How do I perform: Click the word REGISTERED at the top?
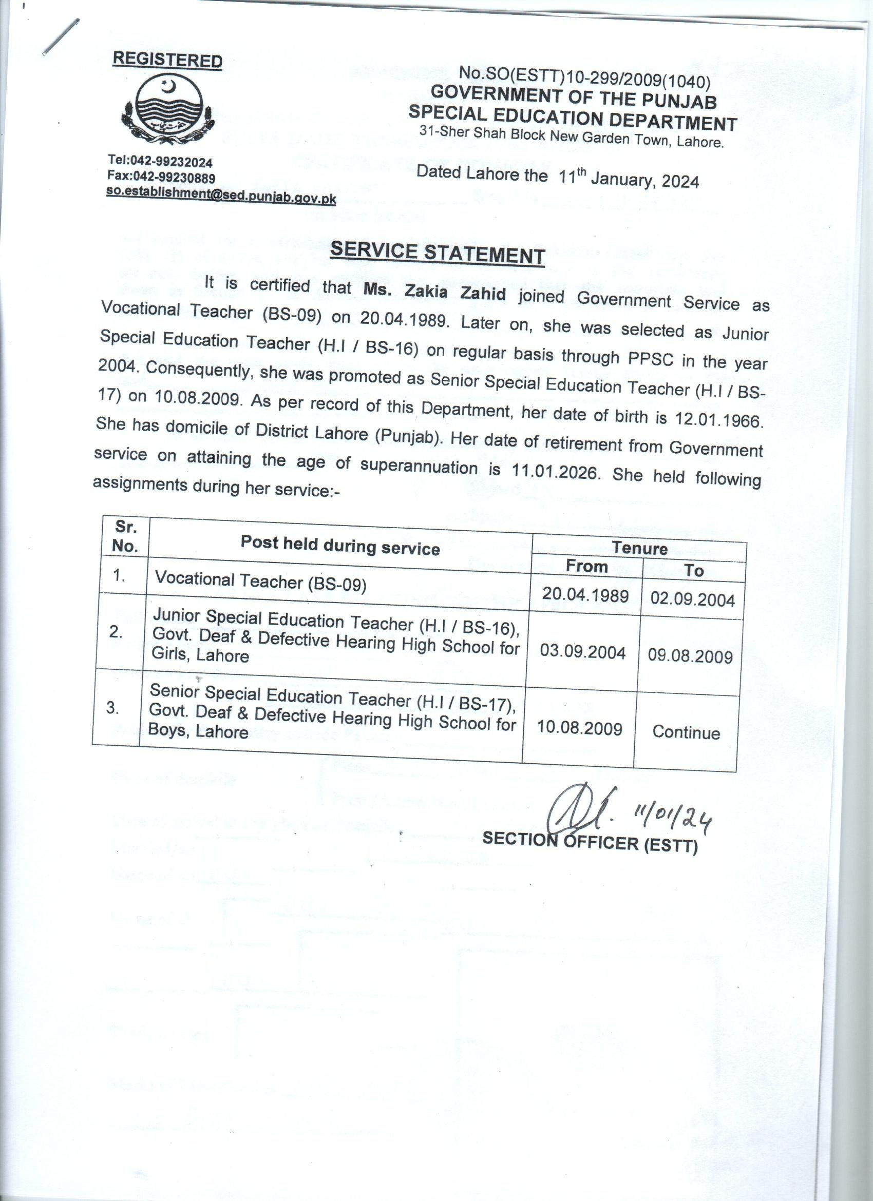(x=167, y=60)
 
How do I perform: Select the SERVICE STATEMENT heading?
(x=437, y=253)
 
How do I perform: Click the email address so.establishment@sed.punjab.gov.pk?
(x=221, y=196)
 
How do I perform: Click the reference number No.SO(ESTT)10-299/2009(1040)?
(x=584, y=78)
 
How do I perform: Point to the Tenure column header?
(x=639, y=548)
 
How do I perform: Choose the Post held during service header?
(x=340, y=545)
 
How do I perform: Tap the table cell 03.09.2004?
(x=583, y=652)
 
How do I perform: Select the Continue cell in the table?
(x=686, y=733)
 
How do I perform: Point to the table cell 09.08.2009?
(x=690, y=657)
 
